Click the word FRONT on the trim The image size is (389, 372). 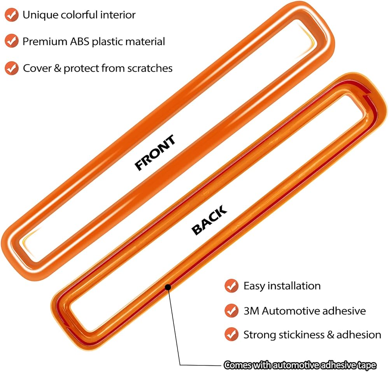pyautogui.click(x=155, y=153)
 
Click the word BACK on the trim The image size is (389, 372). pyautogui.click(x=209, y=221)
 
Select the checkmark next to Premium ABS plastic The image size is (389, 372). pyautogui.click(x=12, y=42)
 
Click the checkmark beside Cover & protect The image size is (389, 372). pyautogui.click(x=12, y=68)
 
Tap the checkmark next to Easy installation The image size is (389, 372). pyautogui.click(x=231, y=286)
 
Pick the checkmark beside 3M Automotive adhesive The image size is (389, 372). pyautogui.click(x=231, y=311)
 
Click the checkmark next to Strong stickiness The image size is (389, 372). pyautogui.click(x=231, y=334)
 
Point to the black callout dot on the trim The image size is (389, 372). pyautogui.click(x=168, y=287)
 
